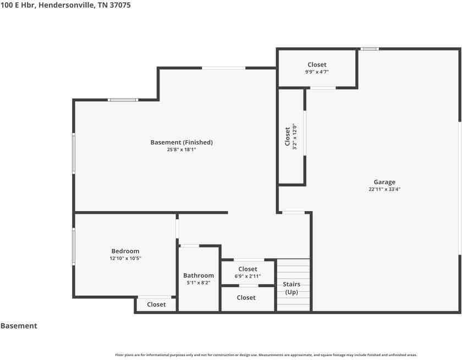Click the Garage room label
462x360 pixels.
pyautogui.click(x=384, y=182)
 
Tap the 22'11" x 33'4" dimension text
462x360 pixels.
pyautogui.click(x=384, y=189)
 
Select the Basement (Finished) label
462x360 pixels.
pyautogui.click(x=182, y=142)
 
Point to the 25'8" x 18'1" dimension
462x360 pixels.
pyautogui.click(x=182, y=149)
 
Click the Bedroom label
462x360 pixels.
pyautogui.click(x=125, y=251)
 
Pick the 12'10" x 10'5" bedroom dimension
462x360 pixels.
pyautogui.click(x=125, y=258)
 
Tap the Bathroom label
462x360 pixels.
pyautogui.click(x=199, y=275)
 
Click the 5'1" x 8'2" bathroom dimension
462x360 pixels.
pyautogui.click(x=199, y=283)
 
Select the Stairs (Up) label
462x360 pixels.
pyautogui.click(x=291, y=288)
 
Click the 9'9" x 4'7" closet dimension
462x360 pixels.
pyautogui.click(x=317, y=72)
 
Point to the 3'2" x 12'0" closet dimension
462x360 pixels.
pyautogui.click(x=295, y=137)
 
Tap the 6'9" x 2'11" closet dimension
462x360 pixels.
pyautogui.click(x=248, y=276)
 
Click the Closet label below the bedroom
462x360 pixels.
pyautogui.click(x=156, y=304)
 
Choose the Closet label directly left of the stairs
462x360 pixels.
pyautogui.click(x=246, y=297)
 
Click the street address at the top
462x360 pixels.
pyautogui.click(x=65, y=5)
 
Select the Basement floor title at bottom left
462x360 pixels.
pyautogui.click(x=19, y=326)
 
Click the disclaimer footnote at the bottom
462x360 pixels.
pyautogui.click(x=266, y=355)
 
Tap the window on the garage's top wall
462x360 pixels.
pyautogui.click(x=370, y=49)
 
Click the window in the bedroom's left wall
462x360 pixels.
pyautogui.click(x=74, y=246)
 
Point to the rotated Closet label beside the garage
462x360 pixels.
pyautogui.click(x=288, y=137)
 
